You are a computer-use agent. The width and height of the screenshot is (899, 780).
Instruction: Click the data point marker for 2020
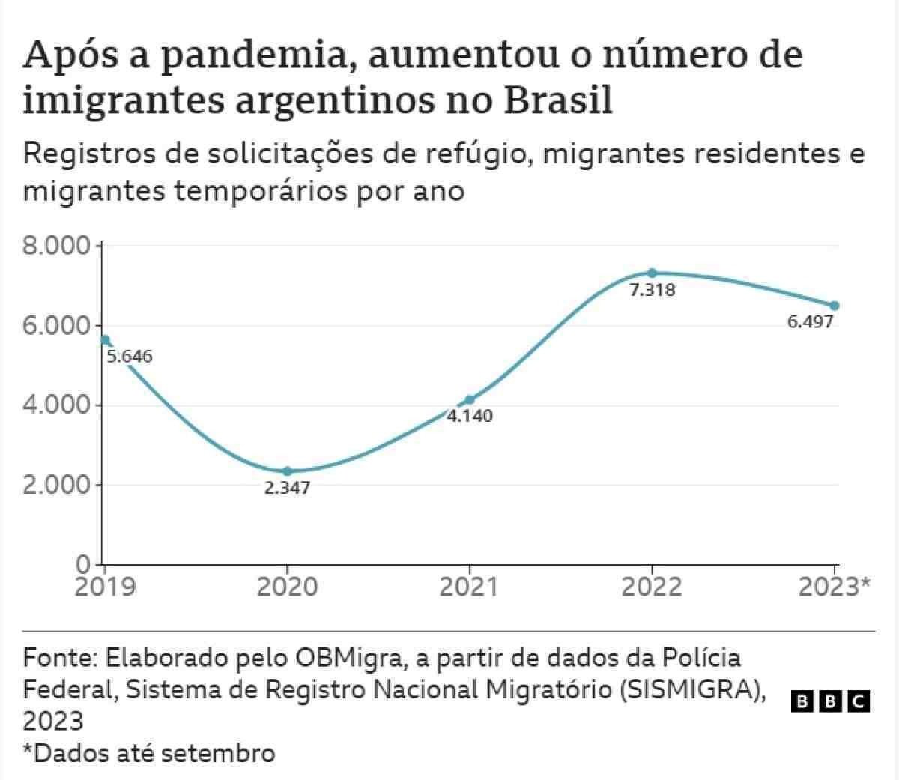(287, 471)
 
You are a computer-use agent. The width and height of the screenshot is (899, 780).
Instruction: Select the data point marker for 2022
(652, 273)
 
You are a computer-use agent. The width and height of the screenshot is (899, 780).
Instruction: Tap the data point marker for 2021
(470, 400)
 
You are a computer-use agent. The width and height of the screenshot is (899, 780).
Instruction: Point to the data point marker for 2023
(835, 306)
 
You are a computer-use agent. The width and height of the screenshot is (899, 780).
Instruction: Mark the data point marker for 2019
(105, 340)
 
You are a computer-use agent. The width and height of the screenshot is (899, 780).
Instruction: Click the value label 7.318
(652, 291)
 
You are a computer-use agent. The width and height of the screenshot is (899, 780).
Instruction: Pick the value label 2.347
(287, 489)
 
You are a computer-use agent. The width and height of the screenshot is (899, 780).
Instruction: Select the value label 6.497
(810, 323)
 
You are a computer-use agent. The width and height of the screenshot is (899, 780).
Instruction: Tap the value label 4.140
(470, 417)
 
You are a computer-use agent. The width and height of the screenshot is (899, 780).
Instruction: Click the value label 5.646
(130, 357)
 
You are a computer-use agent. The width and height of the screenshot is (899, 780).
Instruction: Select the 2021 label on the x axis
(469, 587)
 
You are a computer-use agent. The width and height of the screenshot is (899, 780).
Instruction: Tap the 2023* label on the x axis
(834, 587)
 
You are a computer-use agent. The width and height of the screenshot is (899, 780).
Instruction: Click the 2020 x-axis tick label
(287, 587)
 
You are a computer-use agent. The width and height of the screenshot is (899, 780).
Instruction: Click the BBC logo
(830, 701)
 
